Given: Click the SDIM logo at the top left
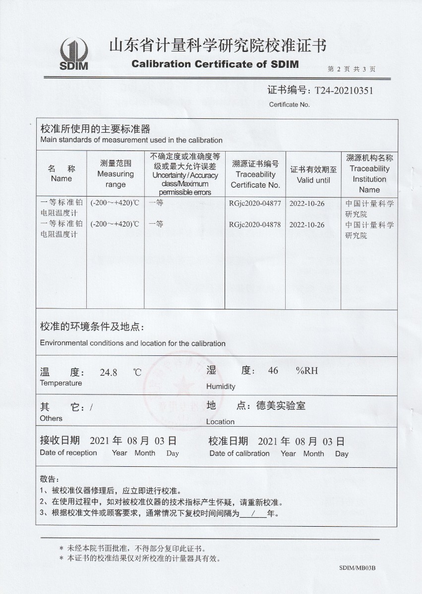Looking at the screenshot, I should (x=74, y=54).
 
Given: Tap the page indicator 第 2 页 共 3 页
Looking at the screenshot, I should (x=352, y=69).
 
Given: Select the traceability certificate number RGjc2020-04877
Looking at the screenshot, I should (x=255, y=203).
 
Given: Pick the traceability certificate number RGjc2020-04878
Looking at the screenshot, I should (x=255, y=225).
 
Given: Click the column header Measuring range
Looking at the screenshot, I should (x=116, y=174).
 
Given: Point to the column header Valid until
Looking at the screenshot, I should (x=313, y=175).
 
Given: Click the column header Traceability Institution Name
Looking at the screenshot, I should (x=369, y=174).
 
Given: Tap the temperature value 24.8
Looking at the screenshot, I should (x=108, y=373).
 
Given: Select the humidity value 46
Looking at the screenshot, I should (x=273, y=371).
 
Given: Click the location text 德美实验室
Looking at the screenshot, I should (x=281, y=406).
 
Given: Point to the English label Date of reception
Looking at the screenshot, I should (x=68, y=452).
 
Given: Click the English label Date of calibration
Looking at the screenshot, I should (x=239, y=453).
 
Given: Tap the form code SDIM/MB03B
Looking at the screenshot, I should (x=358, y=568).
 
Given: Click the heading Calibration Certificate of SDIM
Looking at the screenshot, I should (x=215, y=64).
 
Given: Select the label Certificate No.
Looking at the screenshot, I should (x=289, y=104).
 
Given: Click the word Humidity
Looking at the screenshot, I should (x=221, y=387).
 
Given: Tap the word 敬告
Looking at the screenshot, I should (x=49, y=480).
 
